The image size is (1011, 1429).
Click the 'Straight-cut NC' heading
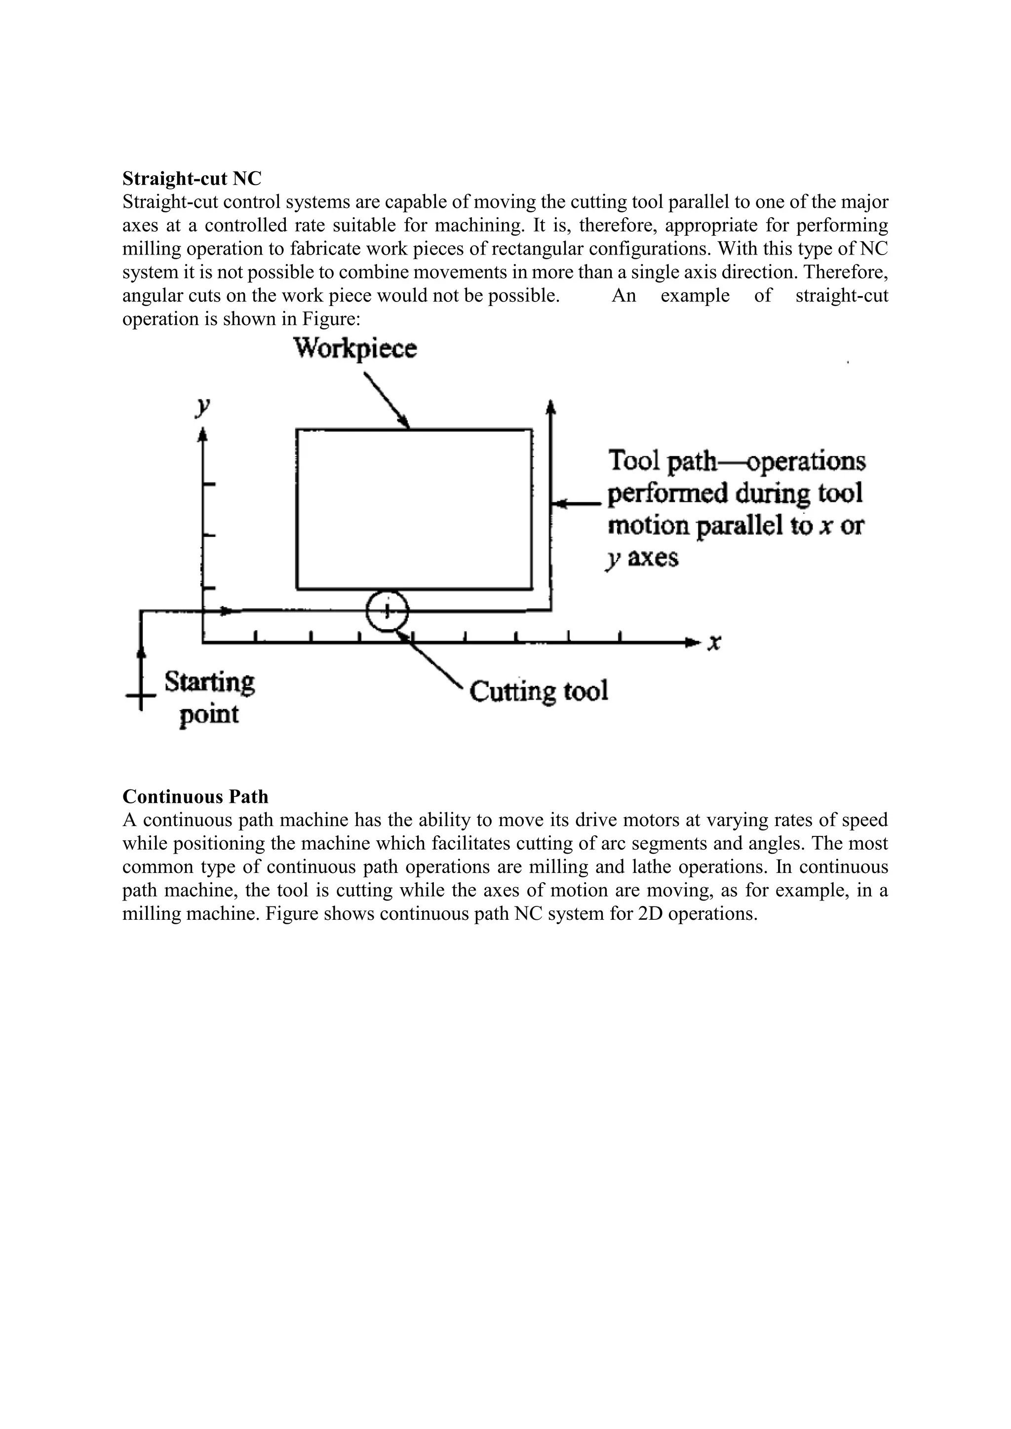pyautogui.click(x=192, y=179)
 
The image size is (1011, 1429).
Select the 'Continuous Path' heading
pyautogui.click(x=195, y=796)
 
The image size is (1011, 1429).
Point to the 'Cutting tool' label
pyautogui.click(x=539, y=691)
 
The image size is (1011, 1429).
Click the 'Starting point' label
pyautogui.click(x=209, y=698)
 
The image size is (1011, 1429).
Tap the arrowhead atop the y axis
pyautogui.click(x=202, y=434)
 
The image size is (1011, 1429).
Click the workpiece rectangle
pyautogui.click(x=414, y=509)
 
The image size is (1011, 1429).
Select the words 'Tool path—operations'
pyautogui.click(x=737, y=461)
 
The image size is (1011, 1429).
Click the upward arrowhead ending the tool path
pyautogui.click(x=550, y=407)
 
